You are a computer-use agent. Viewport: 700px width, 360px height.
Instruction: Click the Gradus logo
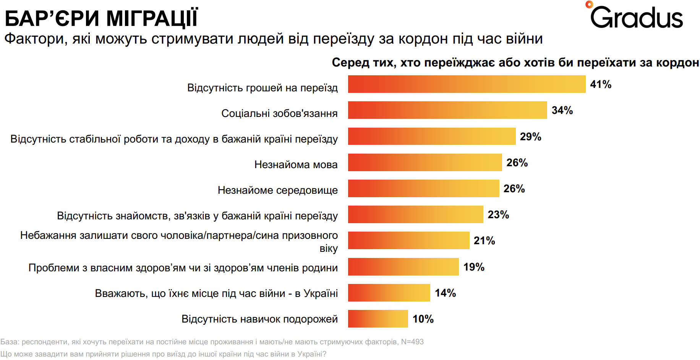point(636,17)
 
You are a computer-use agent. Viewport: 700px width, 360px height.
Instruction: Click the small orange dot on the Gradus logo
point(589,5)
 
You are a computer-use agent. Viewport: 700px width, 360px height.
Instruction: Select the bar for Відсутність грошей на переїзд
point(466,84)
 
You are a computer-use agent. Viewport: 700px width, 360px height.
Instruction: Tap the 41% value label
point(601,84)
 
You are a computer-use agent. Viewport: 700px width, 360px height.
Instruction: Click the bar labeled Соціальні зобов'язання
point(447,110)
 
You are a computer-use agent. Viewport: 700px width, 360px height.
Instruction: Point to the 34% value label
point(562,110)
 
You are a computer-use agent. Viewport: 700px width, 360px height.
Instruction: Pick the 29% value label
point(530,136)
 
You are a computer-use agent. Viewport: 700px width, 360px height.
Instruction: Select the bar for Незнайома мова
point(425,162)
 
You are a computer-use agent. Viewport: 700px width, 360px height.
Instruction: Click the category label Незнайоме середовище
point(277,190)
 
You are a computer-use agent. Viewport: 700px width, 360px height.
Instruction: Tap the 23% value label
point(498,215)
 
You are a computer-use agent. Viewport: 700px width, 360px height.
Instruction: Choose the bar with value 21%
point(408,240)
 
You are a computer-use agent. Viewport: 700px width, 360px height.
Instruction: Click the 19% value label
point(474,267)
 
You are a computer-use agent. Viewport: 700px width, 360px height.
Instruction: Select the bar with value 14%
point(389,293)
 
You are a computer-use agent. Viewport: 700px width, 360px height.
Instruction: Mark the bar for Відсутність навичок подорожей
point(378,319)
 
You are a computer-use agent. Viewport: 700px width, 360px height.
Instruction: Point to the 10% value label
point(423,319)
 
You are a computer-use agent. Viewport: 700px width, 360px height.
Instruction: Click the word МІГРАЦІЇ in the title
point(152,18)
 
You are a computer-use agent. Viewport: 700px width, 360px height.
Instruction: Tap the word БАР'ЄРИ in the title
point(52,18)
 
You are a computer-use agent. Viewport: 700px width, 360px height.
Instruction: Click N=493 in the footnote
point(412,342)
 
